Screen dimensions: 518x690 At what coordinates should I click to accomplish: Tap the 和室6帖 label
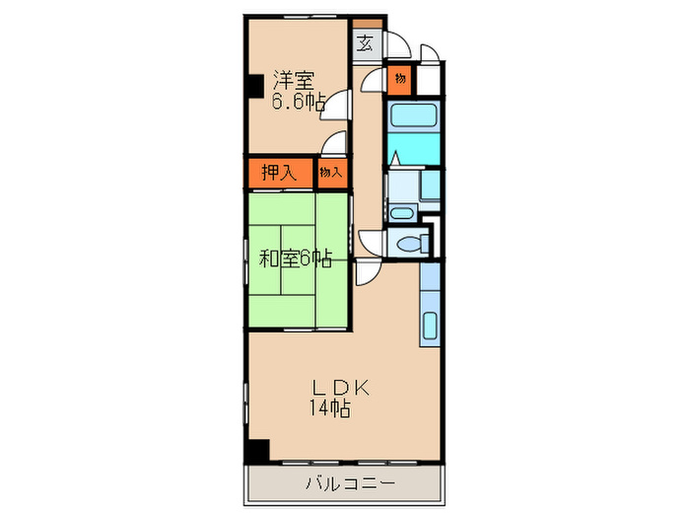point(294,259)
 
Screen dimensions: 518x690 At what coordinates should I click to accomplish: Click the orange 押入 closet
point(279,172)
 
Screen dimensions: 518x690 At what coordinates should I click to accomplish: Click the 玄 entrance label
point(366,42)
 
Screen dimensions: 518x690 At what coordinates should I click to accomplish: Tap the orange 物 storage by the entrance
point(401,78)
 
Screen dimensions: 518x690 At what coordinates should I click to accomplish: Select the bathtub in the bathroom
point(413,114)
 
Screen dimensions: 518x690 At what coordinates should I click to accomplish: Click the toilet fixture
point(407,244)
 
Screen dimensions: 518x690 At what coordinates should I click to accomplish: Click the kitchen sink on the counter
point(430,326)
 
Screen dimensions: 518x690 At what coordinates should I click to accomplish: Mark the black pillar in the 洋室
point(254,86)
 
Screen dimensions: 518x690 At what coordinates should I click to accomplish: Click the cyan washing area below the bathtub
point(413,153)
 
